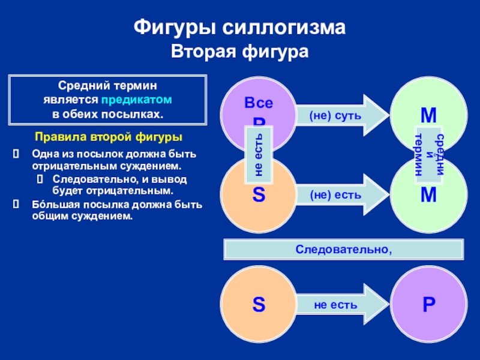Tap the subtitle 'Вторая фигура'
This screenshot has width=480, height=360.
click(x=239, y=52)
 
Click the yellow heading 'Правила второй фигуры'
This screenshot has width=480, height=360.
click(x=109, y=137)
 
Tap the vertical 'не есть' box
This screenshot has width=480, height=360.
click(x=259, y=154)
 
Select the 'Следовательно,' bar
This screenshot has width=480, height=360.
click(x=344, y=248)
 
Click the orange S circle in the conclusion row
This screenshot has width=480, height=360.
click(x=258, y=304)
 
